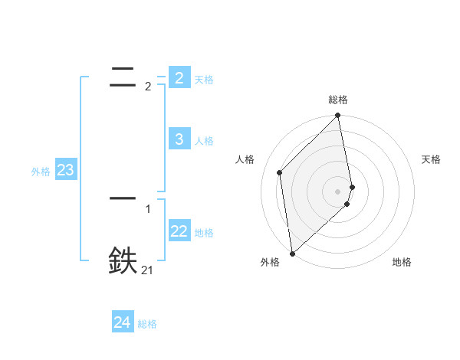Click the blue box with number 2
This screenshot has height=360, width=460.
point(179,78)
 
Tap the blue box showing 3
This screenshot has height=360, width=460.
point(179,139)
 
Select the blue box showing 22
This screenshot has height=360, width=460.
point(179,231)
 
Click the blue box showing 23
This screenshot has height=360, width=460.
point(65,170)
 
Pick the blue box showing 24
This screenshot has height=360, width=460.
point(122,322)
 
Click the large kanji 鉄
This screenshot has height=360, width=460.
point(123,261)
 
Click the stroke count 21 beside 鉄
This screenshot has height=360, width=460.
point(147,270)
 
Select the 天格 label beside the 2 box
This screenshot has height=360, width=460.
point(204,80)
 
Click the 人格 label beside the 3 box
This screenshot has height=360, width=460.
point(204,141)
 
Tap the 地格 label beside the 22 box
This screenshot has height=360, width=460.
point(204,233)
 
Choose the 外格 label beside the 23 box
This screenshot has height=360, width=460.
point(41,172)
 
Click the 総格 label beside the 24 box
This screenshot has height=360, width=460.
point(147,324)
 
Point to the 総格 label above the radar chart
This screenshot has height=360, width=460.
point(338,100)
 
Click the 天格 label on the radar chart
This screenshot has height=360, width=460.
point(432,159)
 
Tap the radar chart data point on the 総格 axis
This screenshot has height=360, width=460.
point(338,116)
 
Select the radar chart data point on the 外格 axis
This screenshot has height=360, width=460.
point(292,254)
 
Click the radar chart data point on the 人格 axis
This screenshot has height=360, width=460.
point(280,172)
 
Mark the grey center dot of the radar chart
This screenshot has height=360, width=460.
point(338,191)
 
